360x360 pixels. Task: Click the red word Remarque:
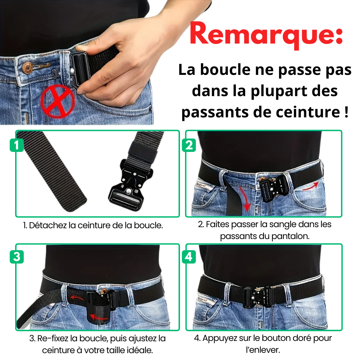266,35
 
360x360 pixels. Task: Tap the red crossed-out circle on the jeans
58,101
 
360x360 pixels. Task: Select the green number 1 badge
17,145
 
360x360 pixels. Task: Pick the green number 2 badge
189,145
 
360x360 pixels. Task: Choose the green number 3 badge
17,256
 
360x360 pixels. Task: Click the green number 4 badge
189,256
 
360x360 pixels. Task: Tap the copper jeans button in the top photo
27,68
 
